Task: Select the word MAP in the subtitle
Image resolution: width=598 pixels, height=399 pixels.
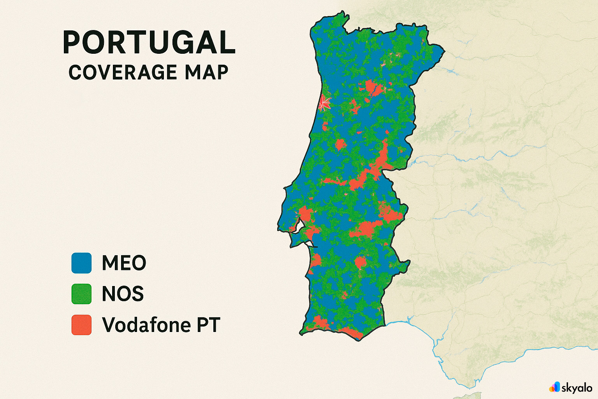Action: [206, 72]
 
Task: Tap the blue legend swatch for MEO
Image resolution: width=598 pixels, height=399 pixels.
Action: [81, 263]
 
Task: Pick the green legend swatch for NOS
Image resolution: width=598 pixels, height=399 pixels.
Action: [81, 294]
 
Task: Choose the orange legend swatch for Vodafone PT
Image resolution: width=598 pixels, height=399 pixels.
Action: [81, 325]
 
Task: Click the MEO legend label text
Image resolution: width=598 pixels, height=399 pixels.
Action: [124, 263]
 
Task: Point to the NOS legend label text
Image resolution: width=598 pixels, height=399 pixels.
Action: [123, 294]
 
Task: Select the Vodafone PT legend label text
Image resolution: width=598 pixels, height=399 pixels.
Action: [161, 325]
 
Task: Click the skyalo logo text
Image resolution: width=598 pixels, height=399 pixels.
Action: [577, 388]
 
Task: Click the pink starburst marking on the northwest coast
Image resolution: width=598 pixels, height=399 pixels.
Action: [324, 104]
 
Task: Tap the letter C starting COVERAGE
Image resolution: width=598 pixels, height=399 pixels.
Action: [76, 72]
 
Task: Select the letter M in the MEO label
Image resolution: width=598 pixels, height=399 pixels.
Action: [111, 263]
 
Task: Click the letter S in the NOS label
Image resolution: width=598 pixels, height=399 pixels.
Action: [137, 294]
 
